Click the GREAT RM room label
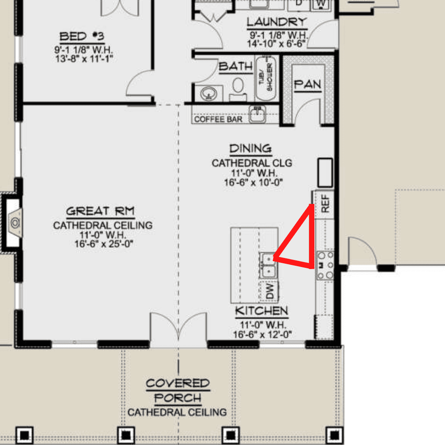click(x=100, y=211)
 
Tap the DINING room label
click(x=251, y=148)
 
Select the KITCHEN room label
click(x=262, y=311)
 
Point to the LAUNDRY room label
click(x=277, y=22)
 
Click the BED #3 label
click(x=82, y=36)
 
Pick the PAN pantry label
click(x=308, y=84)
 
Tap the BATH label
click(x=236, y=66)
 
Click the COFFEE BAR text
click(x=218, y=119)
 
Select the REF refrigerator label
click(x=325, y=204)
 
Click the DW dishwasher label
click(x=270, y=291)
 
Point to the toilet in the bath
click(x=238, y=90)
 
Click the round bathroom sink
click(x=208, y=94)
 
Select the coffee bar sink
click(x=258, y=114)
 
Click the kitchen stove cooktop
click(x=325, y=265)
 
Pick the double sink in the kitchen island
click(x=268, y=265)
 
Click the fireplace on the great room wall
click(x=12, y=223)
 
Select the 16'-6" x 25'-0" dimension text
click(x=104, y=244)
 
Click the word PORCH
click(x=178, y=398)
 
